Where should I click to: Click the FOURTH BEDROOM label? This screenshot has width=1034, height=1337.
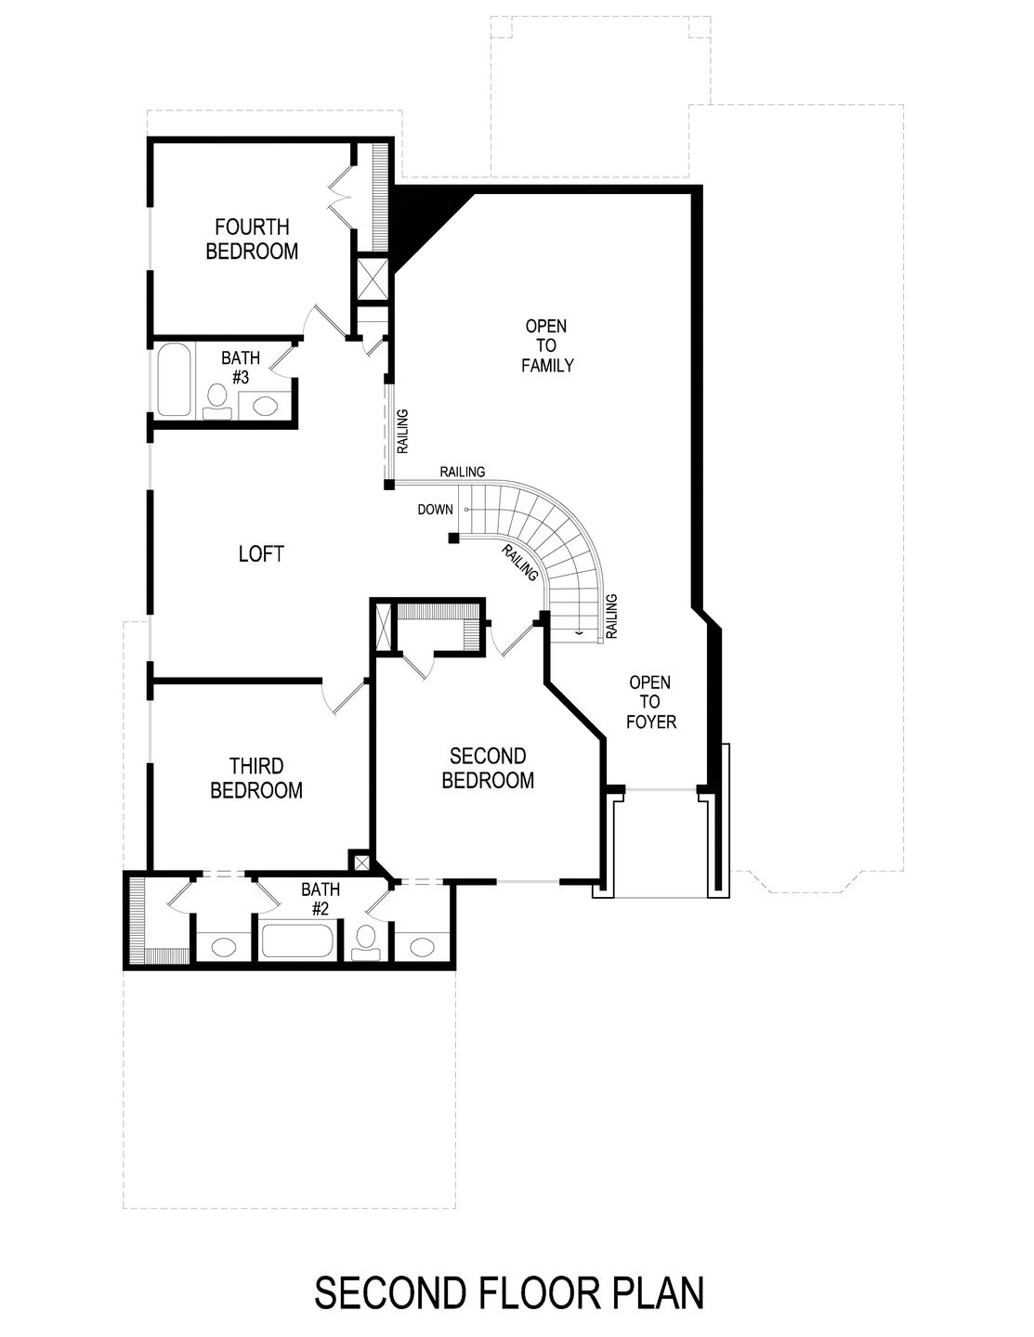pyautogui.click(x=252, y=239)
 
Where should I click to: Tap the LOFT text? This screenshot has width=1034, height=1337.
pyautogui.click(x=261, y=554)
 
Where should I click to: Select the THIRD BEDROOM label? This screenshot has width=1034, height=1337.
pyautogui.click(x=256, y=778)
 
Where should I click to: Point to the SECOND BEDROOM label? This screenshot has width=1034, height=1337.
pyautogui.click(x=488, y=769)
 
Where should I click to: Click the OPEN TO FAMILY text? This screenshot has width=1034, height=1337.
pyautogui.click(x=546, y=345)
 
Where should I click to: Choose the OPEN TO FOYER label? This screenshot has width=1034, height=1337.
pyautogui.click(x=650, y=701)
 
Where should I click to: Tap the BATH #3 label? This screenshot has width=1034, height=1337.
pyautogui.click(x=240, y=368)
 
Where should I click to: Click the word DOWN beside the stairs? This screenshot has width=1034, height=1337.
pyautogui.click(x=435, y=510)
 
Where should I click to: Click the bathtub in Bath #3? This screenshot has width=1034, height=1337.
pyautogui.click(x=174, y=381)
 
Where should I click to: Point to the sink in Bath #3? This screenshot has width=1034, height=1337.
pyautogui.click(x=265, y=406)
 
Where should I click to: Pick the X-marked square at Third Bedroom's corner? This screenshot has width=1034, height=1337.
pyautogui.click(x=359, y=860)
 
